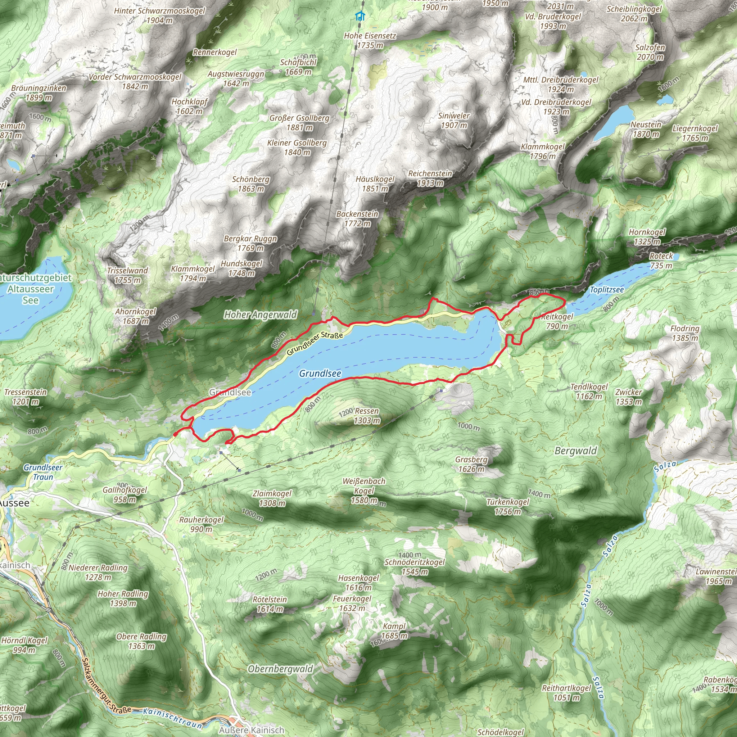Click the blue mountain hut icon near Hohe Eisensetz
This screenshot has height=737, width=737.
[x=360, y=17]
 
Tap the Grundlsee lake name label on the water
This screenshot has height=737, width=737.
[x=320, y=374]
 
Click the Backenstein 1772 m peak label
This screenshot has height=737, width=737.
[x=357, y=218]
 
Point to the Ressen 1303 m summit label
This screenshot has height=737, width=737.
[x=367, y=416]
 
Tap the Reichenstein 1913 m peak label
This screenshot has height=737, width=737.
[x=430, y=178]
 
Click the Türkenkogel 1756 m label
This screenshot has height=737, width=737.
[x=507, y=507]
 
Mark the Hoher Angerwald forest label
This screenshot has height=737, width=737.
[x=260, y=315]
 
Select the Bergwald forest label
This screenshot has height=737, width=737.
[x=576, y=451]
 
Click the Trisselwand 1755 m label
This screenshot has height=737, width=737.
[x=127, y=275]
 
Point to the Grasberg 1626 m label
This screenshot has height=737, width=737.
[x=471, y=464]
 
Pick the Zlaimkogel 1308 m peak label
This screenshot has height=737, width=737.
[x=272, y=498]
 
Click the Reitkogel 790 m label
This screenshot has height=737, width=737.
[x=557, y=321]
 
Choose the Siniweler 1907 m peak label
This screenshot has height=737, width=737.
[x=453, y=120]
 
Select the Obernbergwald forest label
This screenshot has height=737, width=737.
[x=280, y=669]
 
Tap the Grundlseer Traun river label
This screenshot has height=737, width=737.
[x=43, y=472]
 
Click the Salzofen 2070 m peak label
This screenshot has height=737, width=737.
[x=650, y=52]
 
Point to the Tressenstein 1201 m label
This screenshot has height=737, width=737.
[x=26, y=397]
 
